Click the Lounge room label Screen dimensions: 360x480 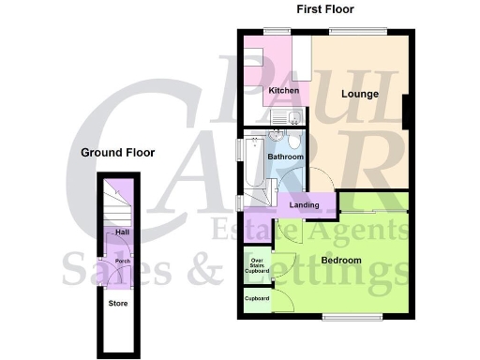point(360,94)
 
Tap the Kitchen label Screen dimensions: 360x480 point(284,90)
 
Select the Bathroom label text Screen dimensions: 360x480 point(285,157)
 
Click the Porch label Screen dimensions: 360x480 point(121,262)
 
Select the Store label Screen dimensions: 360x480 point(118,303)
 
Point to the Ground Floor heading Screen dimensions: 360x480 point(117,152)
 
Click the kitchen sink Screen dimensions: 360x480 point(284,117)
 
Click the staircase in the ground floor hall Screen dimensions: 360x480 point(115,200)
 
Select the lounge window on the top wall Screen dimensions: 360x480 point(357,32)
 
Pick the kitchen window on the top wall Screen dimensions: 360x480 point(276,32)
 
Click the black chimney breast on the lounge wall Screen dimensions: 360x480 point(405,112)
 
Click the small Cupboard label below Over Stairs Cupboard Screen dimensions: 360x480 point(257,298)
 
